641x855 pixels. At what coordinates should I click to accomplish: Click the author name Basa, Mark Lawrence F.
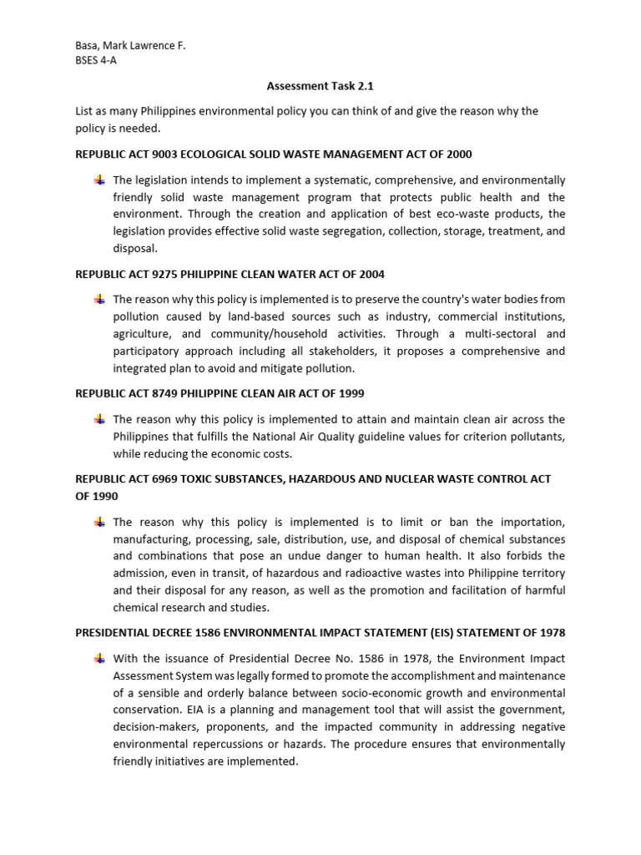[x=130, y=47]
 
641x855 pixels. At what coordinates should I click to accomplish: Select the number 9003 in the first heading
[x=168, y=154]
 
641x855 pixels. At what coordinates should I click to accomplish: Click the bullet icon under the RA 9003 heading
[x=99, y=180]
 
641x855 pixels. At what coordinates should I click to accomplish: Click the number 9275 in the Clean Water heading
[x=168, y=275]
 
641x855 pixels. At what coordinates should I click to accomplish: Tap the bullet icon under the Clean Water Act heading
[x=99, y=299]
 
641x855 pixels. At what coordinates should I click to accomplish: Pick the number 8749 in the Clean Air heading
[x=168, y=393]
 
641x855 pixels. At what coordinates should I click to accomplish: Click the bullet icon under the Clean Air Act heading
[x=99, y=418]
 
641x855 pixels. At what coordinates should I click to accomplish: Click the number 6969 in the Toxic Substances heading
[x=168, y=479]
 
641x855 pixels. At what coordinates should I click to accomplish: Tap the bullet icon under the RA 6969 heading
[x=99, y=521]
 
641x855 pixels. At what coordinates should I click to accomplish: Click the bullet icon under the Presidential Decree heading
[x=99, y=659]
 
